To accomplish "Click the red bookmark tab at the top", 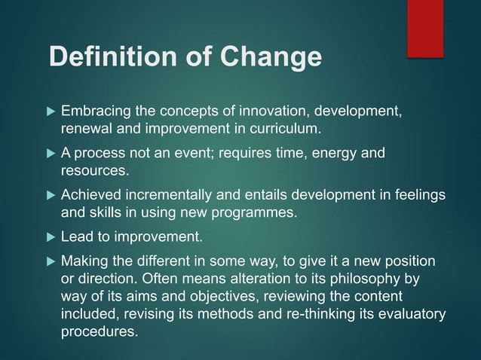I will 425,27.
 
